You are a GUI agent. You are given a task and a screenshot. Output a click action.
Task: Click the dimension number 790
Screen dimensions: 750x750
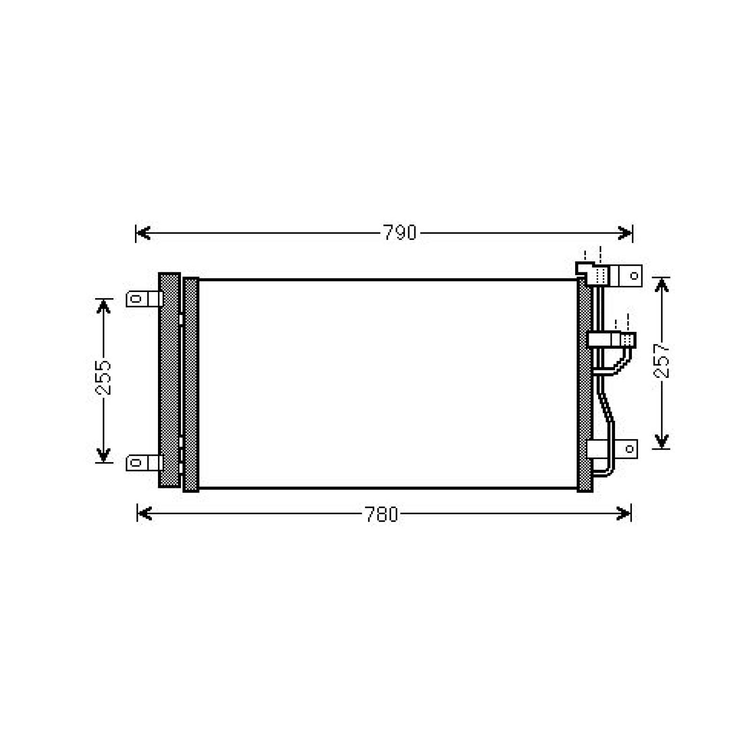(399, 233)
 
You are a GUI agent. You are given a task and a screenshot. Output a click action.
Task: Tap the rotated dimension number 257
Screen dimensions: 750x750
(661, 361)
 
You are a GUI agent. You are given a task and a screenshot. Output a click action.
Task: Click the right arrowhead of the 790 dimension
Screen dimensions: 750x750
(625, 233)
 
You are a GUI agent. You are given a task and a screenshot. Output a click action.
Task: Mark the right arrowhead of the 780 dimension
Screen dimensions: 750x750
(624, 514)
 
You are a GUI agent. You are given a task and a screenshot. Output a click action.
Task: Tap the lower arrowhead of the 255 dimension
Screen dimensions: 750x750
(103, 455)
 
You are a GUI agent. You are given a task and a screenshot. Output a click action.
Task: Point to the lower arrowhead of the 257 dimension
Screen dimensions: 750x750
(661, 441)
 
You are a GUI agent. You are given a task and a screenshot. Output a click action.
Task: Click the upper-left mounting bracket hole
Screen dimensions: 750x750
(136, 299)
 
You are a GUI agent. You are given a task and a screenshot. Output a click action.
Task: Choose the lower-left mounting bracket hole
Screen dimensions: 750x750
(136, 463)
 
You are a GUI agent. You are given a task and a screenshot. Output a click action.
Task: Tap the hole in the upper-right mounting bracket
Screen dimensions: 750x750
(634, 276)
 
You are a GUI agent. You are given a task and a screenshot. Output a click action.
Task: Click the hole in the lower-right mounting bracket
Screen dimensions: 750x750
(630, 449)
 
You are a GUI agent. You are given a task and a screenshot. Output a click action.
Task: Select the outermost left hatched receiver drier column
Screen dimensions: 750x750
(169, 380)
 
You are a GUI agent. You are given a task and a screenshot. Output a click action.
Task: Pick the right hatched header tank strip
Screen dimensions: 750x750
(584, 384)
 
